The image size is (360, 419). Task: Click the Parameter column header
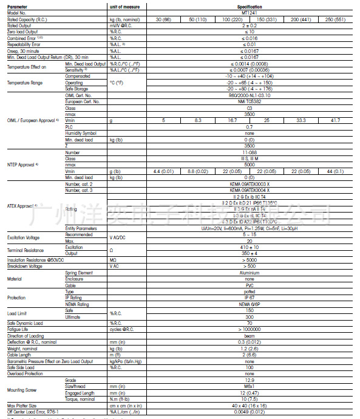pyautogui.click(x=18, y=6)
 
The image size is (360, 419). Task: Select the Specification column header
pyautogui.click(x=250, y=6)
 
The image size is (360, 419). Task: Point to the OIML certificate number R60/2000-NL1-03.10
pyautogui.click(x=250, y=95)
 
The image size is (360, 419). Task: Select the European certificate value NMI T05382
pyautogui.click(x=250, y=101)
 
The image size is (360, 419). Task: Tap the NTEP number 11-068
pyautogui.click(x=250, y=153)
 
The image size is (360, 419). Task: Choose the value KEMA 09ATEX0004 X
pyautogui.click(x=250, y=190)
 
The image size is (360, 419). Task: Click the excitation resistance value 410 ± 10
pyautogui.click(x=250, y=248)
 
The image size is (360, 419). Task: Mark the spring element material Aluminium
pyautogui.click(x=250, y=273)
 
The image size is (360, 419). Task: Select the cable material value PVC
pyautogui.click(x=250, y=285)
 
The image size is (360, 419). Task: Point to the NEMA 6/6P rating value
pyautogui.click(x=250, y=304)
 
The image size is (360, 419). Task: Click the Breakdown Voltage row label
pyautogui.click(x=25, y=266)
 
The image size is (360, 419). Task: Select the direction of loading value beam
pyautogui.click(x=250, y=335)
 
